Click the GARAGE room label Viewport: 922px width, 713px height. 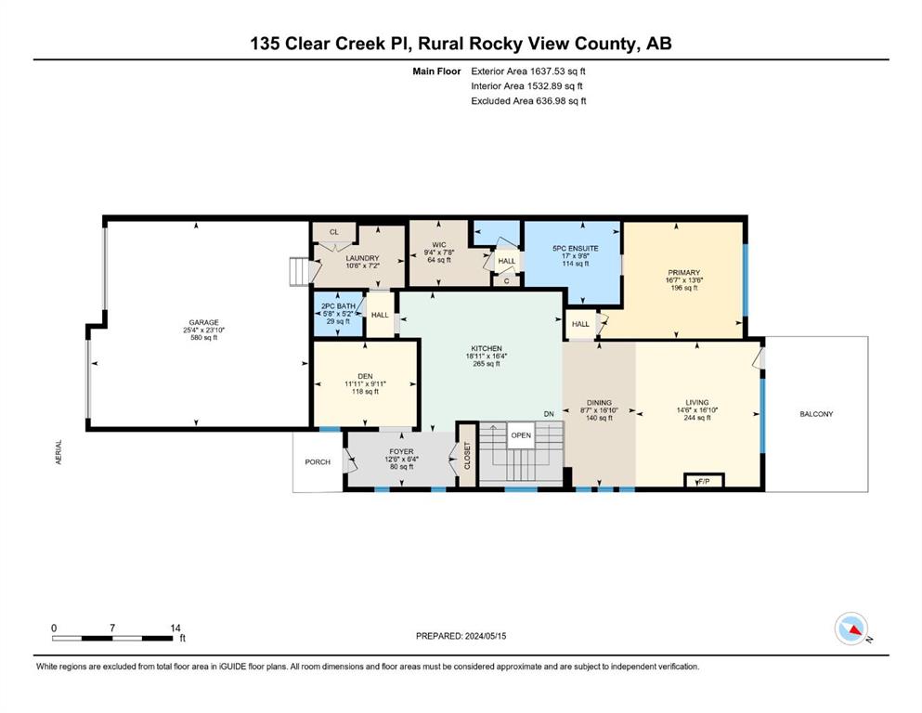coord(203,322)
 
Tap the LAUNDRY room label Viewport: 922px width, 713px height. coord(362,258)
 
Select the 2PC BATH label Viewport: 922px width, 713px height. coord(338,306)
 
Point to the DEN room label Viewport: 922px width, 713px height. coord(365,376)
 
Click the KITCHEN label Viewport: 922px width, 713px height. coord(487,348)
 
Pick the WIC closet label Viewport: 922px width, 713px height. coord(438,244)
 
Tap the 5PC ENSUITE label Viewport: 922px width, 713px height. coord(575,249)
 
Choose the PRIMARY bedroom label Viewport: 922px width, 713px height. coord(684,273)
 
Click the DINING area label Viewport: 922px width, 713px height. coord(599,403)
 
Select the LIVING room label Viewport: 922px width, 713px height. coord(696,403)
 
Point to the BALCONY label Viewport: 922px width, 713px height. coord(816,414)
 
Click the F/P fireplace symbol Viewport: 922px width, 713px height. coord(704,481)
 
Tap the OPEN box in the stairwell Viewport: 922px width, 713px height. coord(521,435)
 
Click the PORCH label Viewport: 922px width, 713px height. coord(318,462)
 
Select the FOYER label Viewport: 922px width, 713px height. coord(402,451)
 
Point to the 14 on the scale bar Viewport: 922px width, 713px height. coord(175,628)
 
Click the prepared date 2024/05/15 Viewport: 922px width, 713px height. coord(485,636)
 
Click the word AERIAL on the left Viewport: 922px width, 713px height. coord(58,452)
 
